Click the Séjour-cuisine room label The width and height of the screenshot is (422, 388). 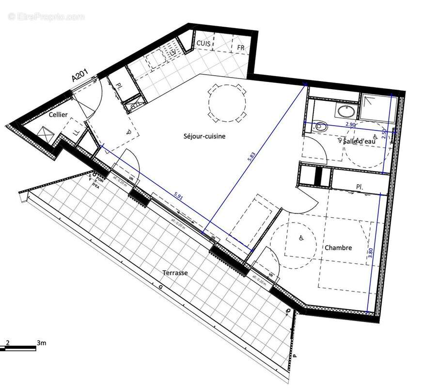[x=204, y=137]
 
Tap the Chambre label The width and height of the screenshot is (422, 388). [x=338, y=248]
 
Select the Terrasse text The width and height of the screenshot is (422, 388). [x=175, y=273]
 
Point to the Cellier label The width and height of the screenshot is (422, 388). [x=58, y=114]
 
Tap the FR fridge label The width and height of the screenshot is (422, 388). [x=241, y=48]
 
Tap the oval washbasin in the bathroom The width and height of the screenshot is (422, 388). [x=345, y=112]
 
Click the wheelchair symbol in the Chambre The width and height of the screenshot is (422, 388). [x=300, y=238]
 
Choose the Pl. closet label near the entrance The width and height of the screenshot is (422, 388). [x=119, y=86]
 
